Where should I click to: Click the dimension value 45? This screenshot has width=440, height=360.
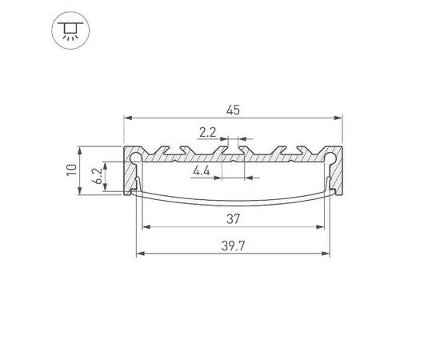(233, 110)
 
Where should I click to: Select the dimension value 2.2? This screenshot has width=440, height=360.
(207, 130)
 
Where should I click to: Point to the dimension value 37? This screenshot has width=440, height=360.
(233, 218)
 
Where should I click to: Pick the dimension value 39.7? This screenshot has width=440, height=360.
(233, 246)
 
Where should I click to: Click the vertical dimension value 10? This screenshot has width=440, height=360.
(72, 170)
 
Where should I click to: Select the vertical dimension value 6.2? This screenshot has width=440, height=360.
(97, 178)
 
